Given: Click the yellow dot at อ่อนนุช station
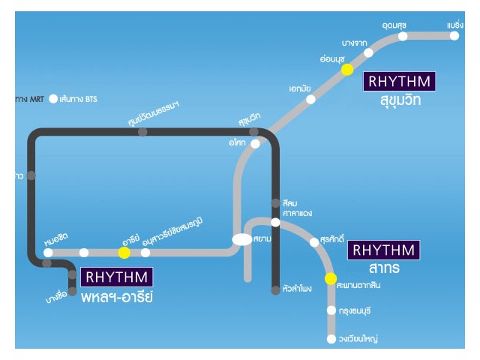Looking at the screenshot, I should coord(347,70).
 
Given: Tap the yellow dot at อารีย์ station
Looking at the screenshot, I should coord(124,253).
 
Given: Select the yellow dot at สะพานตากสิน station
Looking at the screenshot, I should coord(331,279).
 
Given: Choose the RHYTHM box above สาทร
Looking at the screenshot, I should coord(383,250).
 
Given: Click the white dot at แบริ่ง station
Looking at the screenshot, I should coord(455,35).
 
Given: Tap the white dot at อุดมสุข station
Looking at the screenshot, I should coord(403,36).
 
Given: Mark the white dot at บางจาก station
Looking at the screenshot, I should coord(368,52).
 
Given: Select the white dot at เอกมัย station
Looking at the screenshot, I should coord(311,98).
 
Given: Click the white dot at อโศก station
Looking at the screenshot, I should coord(255,144).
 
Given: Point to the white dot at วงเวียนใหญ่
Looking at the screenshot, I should coord(331,339).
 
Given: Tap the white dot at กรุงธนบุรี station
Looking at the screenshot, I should coord(331,310).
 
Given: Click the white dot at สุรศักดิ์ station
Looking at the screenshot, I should coord(314,242).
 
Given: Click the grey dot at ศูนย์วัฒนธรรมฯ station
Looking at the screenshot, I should coord(142,132).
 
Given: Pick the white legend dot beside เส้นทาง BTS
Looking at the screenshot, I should coord(53,98).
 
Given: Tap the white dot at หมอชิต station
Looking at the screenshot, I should coord(47,253).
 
